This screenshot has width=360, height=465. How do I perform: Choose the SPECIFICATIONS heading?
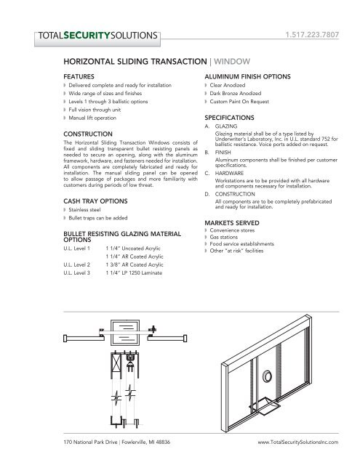(236, 117)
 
